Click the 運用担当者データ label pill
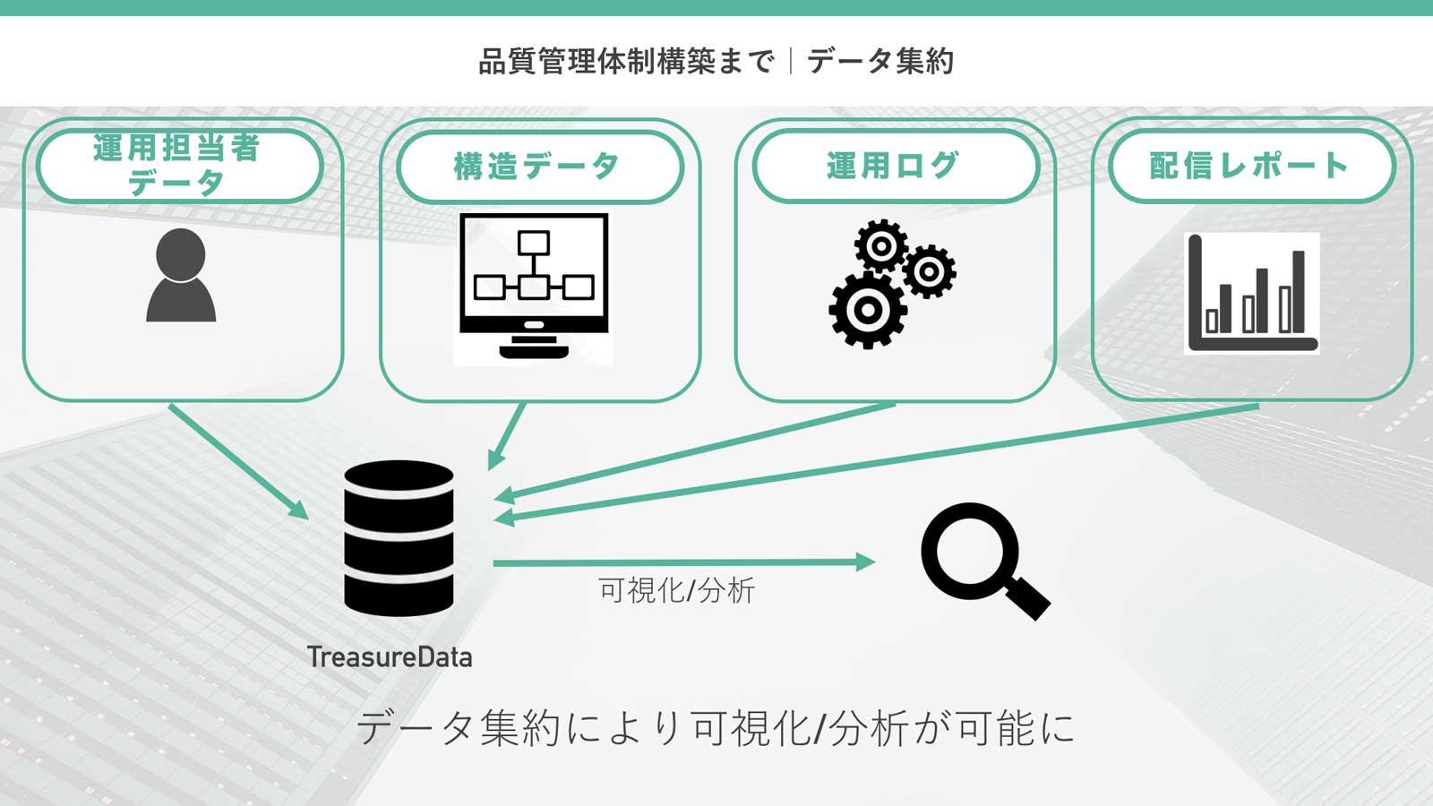(x=179, y=166)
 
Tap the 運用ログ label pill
(x=895, y=166)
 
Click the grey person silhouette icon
(x=181, y=276)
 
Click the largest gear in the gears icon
(x=867, y=310)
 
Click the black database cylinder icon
(x=399, y=537)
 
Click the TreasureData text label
(x=390, y=657)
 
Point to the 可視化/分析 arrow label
(x=677, y=591)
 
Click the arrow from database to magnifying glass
(x=681, y=562)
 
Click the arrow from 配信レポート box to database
(x=878, y=462)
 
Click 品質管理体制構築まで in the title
(x=627, y=61)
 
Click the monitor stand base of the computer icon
(x=534, y=351)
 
